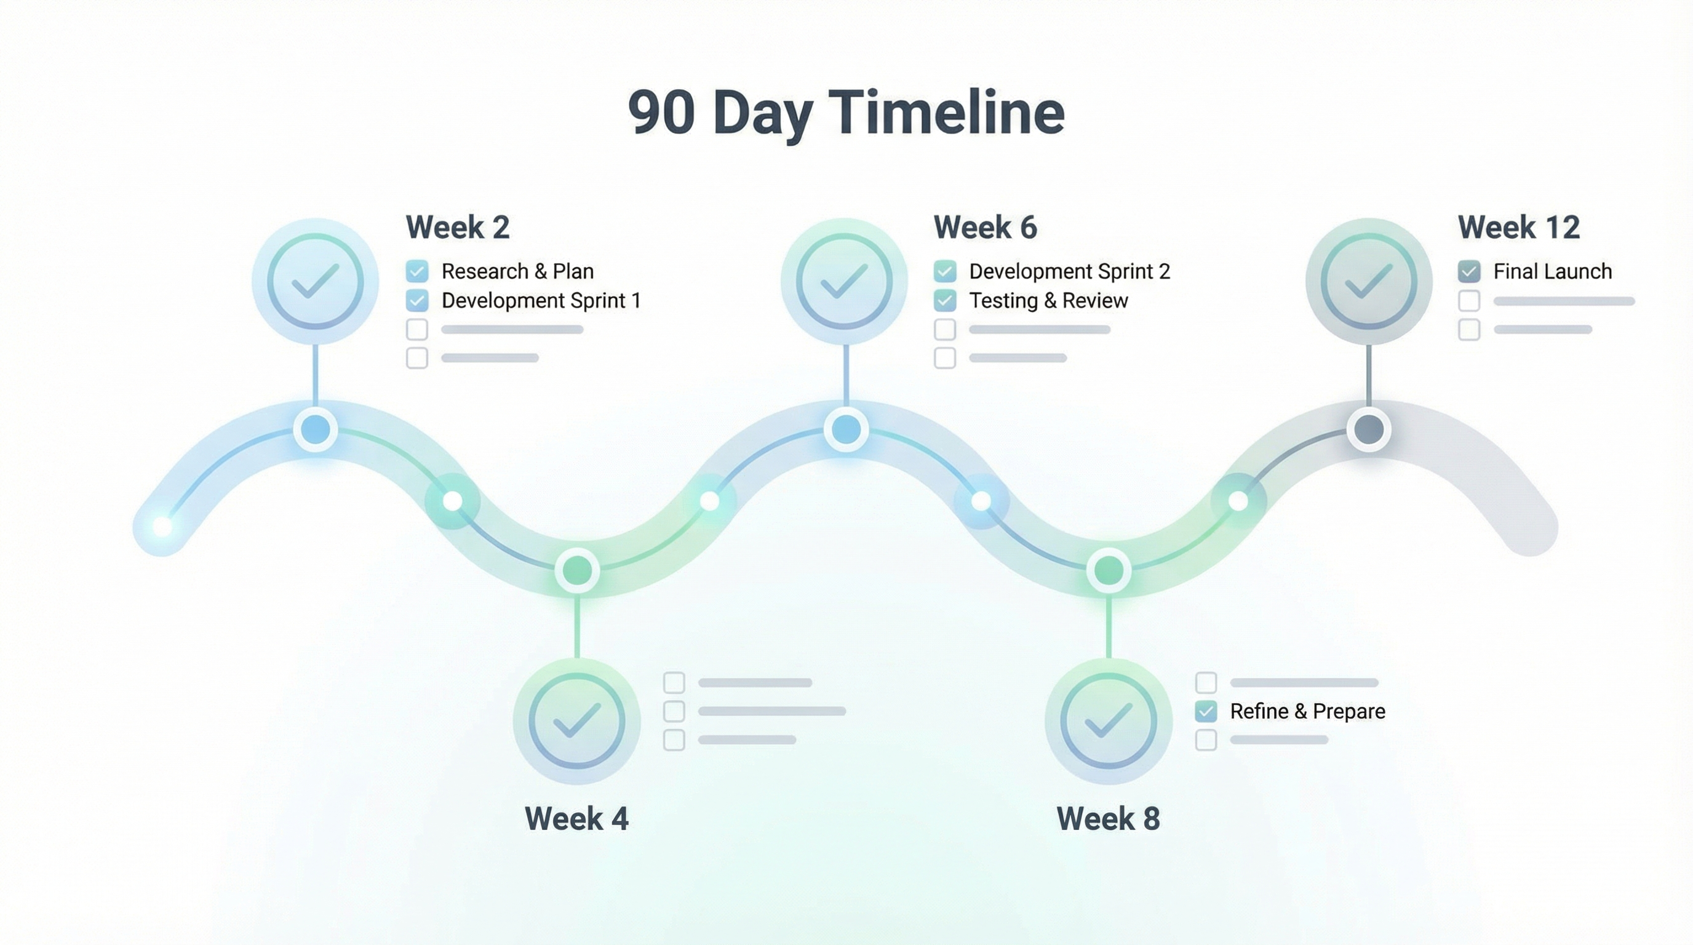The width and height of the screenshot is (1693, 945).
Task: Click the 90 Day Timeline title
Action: click(846, 113)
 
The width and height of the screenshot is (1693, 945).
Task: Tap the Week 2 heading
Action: click(458, 228)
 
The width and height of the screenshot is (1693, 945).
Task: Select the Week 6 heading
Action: click(985, 228)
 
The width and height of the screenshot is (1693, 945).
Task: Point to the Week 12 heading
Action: click(1518, 228)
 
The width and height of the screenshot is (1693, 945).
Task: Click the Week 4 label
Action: click(576, 819)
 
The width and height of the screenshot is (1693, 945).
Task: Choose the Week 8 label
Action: click(1108, 819)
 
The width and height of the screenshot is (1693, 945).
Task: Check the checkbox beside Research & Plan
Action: click(417, 271)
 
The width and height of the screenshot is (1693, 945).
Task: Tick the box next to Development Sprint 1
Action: click(417, 300)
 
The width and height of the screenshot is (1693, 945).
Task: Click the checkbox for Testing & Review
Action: click(945, 300)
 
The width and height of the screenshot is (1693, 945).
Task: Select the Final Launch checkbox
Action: click(1469, 271)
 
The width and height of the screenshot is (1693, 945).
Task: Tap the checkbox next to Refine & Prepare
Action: click(1206, 711)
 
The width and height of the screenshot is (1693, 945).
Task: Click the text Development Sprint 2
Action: click(1069, 271)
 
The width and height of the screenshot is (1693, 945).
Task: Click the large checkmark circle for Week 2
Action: click(316, 281)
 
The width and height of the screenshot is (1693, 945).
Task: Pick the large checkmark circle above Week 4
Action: click(576, 722)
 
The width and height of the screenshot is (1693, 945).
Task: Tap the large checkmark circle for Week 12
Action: click(1368, 281)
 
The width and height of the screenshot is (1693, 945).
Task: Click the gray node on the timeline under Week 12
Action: click(1369, 430)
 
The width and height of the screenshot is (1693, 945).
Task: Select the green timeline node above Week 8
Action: click(1109, 570)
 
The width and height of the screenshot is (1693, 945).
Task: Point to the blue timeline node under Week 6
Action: click(846, 430)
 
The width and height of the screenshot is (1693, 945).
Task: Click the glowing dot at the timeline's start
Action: click(162, 527)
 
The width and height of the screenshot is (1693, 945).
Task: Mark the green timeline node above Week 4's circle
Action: click(577, 570)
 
